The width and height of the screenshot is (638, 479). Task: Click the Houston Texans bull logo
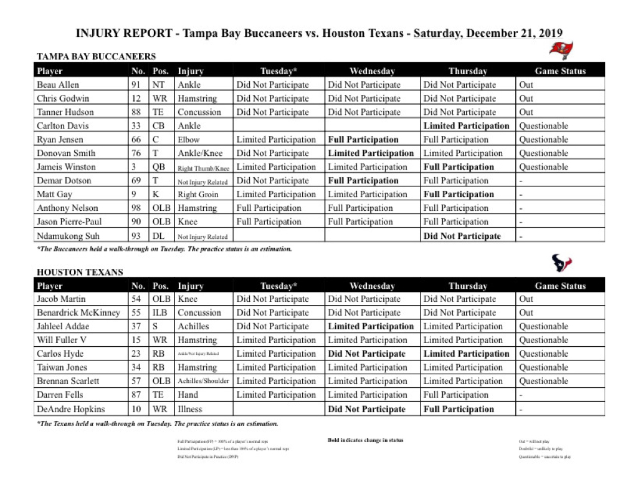(561, 264)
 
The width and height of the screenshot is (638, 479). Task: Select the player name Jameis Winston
(66, 167)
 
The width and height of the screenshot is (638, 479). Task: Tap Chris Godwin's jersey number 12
(136, 99)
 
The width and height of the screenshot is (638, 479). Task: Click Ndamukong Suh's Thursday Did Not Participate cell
(462, 236)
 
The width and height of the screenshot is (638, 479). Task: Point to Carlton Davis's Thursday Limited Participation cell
(466, 126)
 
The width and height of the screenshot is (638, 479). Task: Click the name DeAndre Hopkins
(70, 410)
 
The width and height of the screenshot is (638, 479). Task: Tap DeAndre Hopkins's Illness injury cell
(190, 410)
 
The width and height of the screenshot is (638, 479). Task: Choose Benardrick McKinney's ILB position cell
(160, 313)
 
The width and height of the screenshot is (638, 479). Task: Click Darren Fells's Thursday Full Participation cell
(455, 395)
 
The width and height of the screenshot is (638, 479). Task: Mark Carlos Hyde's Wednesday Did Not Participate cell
(366, 354)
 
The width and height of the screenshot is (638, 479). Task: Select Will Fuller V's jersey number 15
(136, 341)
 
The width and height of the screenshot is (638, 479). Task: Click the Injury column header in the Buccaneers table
(190, 71)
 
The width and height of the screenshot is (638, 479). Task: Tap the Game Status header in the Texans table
(560, 286)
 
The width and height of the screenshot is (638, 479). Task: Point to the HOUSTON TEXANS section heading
(80, 273)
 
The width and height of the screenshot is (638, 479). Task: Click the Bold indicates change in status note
(365, 440)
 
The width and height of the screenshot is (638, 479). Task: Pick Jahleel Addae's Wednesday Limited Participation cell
(371, 327)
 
